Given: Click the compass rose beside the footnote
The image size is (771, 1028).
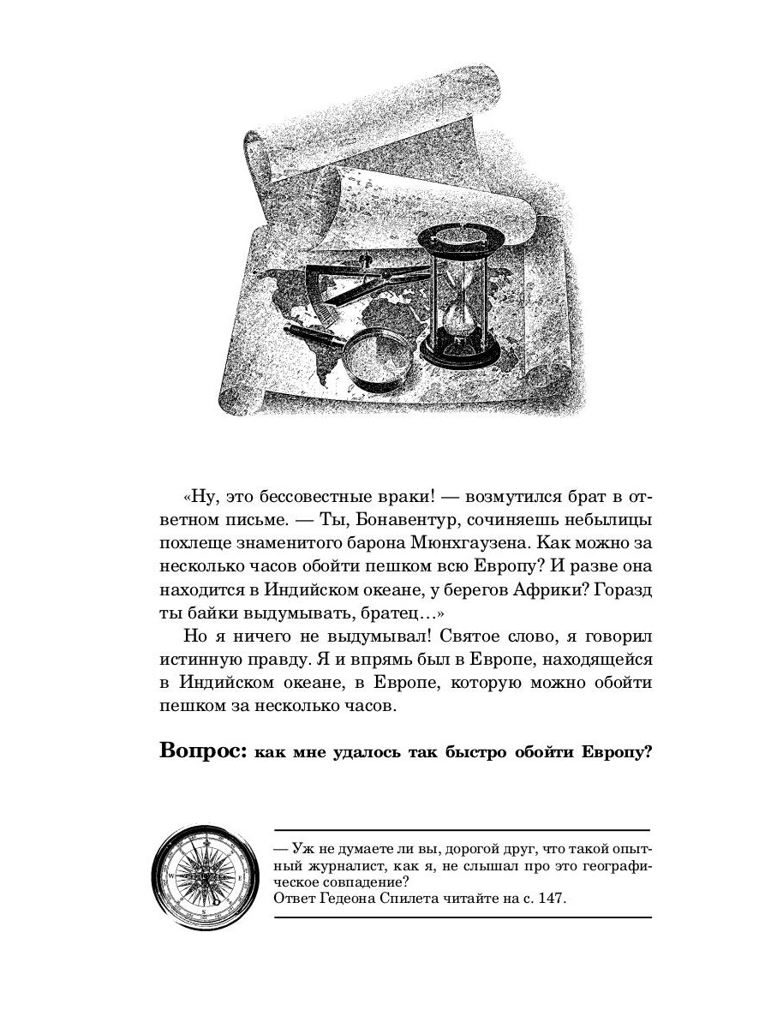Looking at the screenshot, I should (205, 878).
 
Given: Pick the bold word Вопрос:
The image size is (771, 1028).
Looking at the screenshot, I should (203, 751).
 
